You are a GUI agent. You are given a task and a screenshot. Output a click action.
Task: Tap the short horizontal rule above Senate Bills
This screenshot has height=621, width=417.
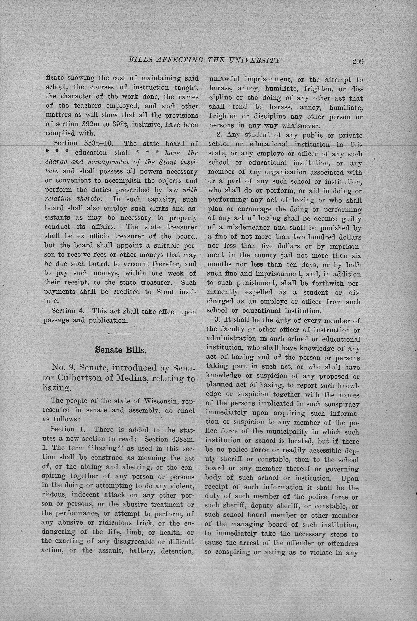120,334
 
